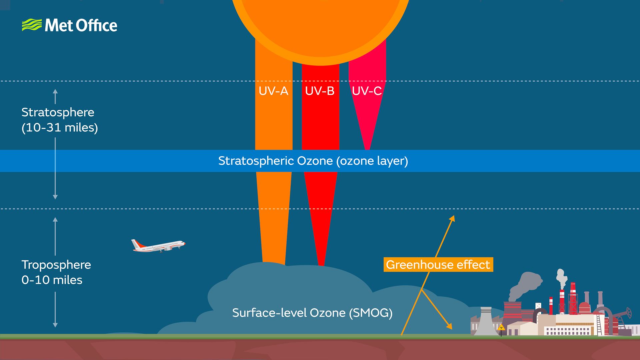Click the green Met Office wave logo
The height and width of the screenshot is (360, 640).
coord(32,25)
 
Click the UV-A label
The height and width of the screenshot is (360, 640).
coord(273,91)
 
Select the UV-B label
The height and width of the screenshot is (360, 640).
coord(320,91)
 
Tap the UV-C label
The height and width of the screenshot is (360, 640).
coord(367,91)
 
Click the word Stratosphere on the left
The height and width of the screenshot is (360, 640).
coord(58,112)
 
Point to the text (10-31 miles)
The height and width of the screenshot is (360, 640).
coord(60,128)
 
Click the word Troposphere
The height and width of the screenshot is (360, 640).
coord(56,265)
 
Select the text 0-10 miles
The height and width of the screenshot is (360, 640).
coord(52,280)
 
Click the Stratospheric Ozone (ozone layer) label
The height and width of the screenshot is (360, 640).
coord(313,161)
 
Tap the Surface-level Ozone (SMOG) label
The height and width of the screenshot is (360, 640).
coord(312,313)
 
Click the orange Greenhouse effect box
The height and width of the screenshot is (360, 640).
coord(438,265)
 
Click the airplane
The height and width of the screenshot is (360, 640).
coord(158,246)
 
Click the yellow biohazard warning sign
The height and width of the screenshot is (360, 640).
coord(501,327)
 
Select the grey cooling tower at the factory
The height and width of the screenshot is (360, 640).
coord(486,322)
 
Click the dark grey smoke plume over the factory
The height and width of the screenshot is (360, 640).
coord(525,285)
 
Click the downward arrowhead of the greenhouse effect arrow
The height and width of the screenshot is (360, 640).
coord(450,327)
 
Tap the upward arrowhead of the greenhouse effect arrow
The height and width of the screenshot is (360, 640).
coord(452,218)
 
